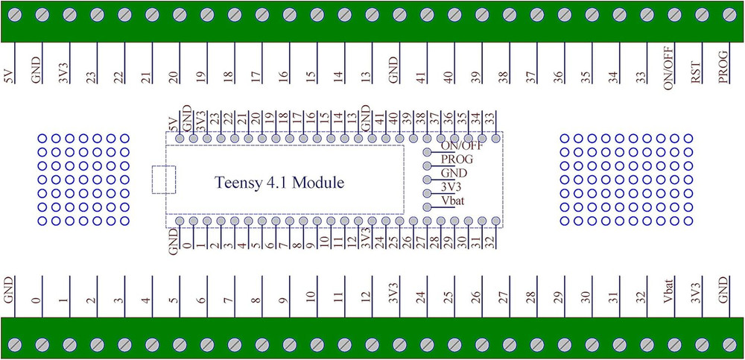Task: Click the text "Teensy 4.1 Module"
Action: pyautogui.click(x=279, y=183)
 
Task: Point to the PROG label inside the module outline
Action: pyautogui.click(x=457, y=160)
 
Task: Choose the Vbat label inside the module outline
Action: pyautogui.click(x=454, y=200)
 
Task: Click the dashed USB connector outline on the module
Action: pyautogui.click(x=164, y=180)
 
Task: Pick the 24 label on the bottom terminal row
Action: pyautogui.click(x=421, y=297)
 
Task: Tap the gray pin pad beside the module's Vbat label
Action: pyautogui.click(x=427, y=207)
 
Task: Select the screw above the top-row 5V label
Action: pyautogui.click(x=15, y=14)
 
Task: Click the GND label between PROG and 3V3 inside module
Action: pyautogui.click(x=454, y=173)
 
